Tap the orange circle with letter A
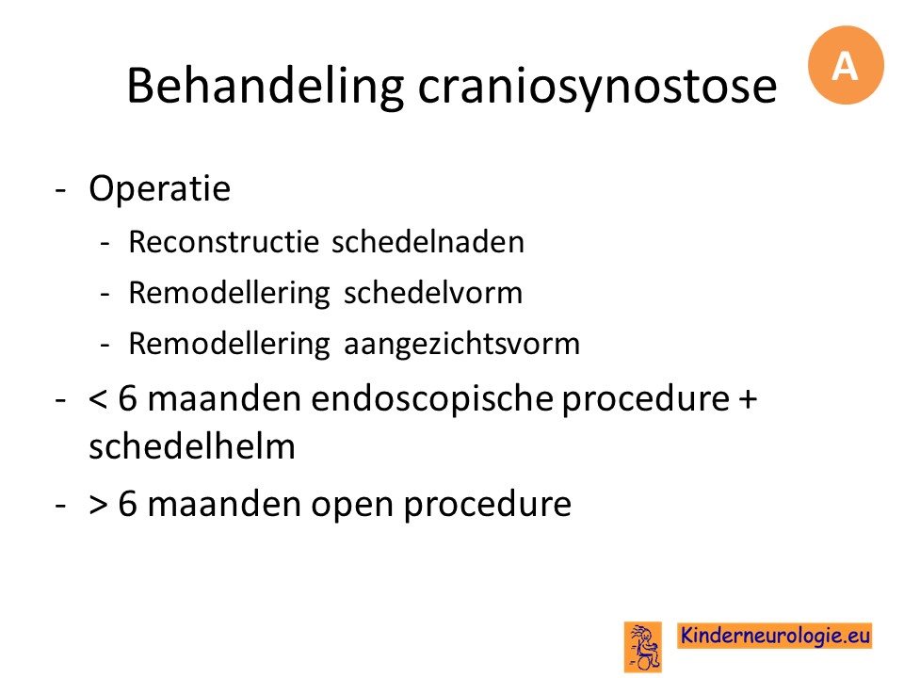tap(846, 65)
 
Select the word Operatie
tap(160, 188)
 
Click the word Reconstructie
tap(224, 242)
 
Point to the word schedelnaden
tap(428, 242)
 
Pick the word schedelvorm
tap(433, 292)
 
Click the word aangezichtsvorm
tap(461, 345)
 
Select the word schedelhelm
tap(192, 446)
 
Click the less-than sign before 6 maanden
tap(98, 399)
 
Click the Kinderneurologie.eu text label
tap(775, 636)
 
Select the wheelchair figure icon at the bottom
tap(643, 647)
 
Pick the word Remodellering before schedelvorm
tap(230, 293)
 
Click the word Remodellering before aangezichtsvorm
tap(230, 345)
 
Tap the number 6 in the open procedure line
tap(127, 503)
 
